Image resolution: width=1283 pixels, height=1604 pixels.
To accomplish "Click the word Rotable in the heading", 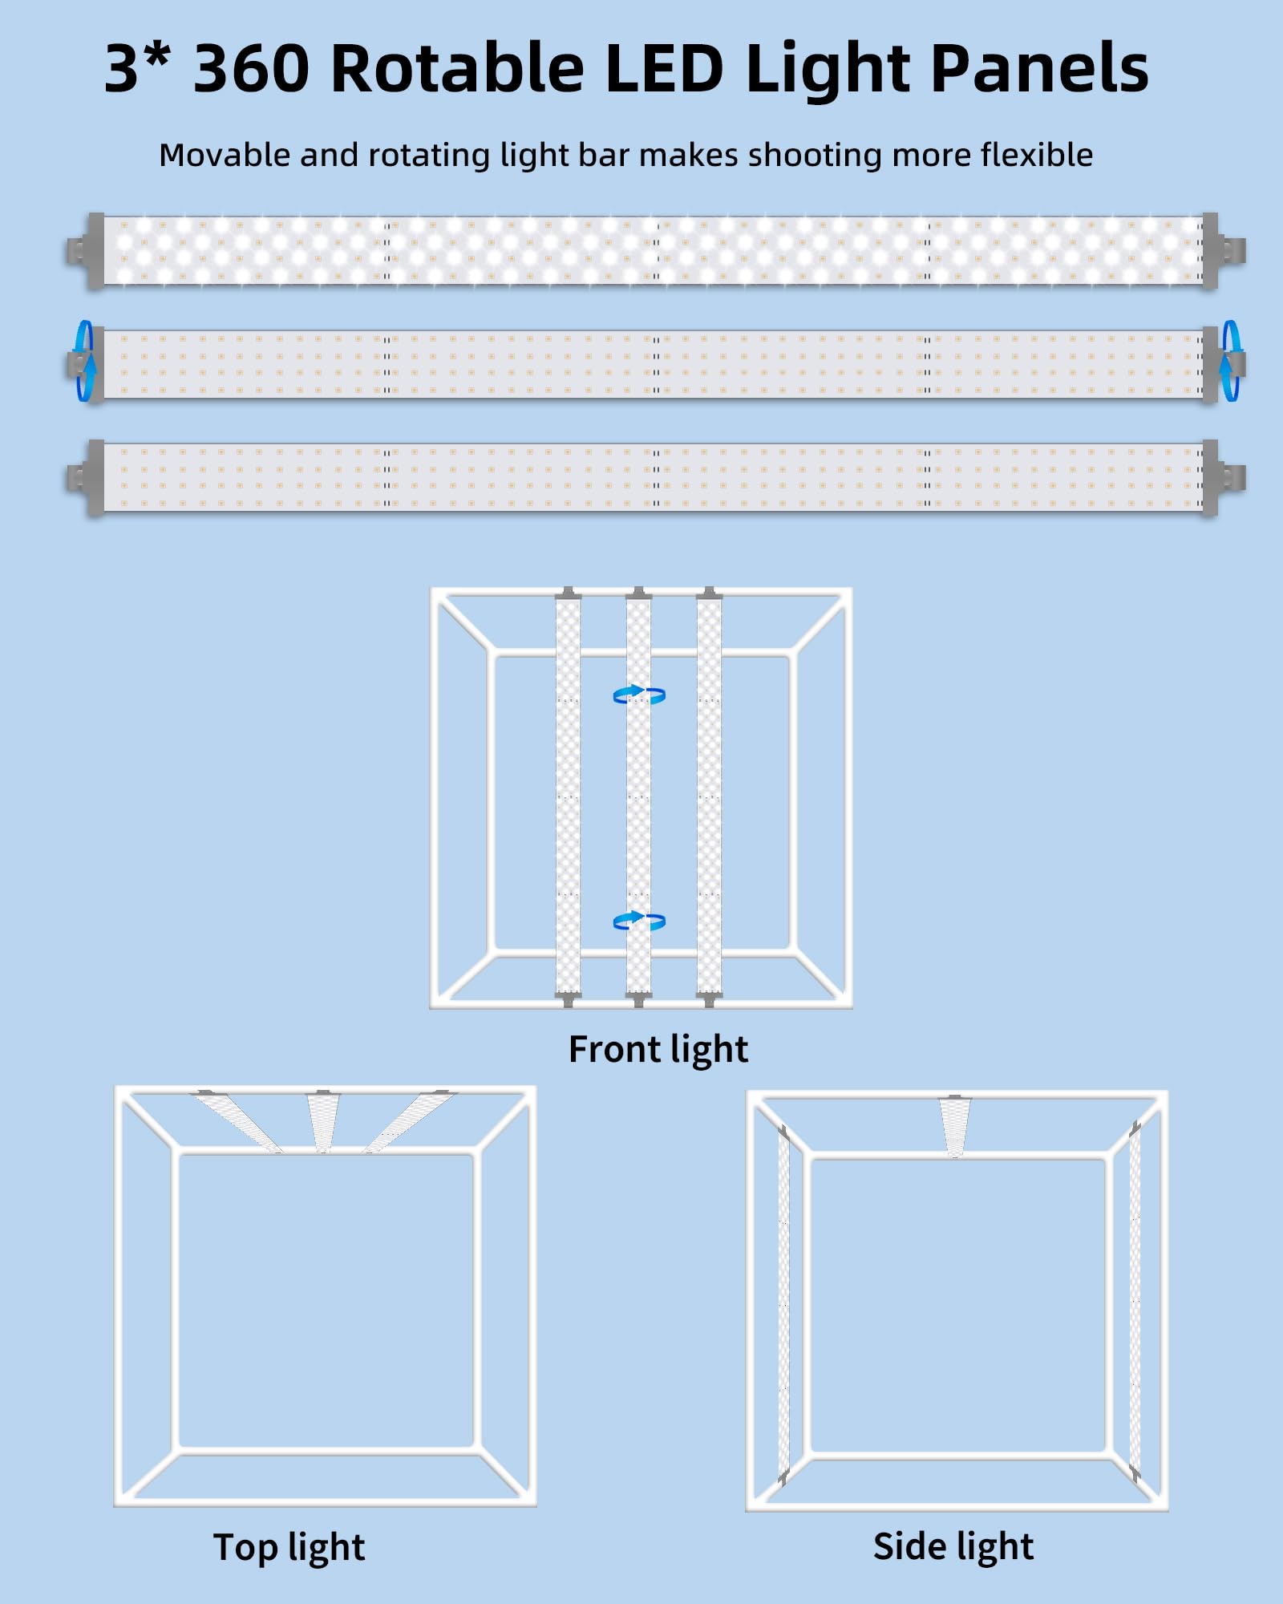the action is point(455,67).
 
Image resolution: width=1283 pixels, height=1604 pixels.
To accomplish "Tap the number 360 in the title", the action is point(252,68).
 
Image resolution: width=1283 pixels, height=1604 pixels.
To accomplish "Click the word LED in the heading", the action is point(665,68).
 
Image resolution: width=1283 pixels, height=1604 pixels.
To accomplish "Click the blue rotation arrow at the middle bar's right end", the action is point(1230,361).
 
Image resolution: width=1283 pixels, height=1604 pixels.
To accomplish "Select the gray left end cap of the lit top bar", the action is point(86,250).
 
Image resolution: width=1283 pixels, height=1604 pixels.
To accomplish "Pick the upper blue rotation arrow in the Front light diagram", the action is point(639,695).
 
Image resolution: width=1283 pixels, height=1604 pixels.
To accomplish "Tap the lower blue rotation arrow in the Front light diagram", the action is point(639,921).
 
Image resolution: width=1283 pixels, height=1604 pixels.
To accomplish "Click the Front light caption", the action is point(658,1050).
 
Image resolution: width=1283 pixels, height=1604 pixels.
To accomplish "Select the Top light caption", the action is point(289,1548).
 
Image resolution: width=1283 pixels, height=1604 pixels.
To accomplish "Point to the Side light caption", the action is point(953,1546).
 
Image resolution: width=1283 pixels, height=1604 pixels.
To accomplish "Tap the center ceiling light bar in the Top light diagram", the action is point(323,1121).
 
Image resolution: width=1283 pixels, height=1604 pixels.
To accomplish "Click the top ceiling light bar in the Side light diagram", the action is point(954,1126).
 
